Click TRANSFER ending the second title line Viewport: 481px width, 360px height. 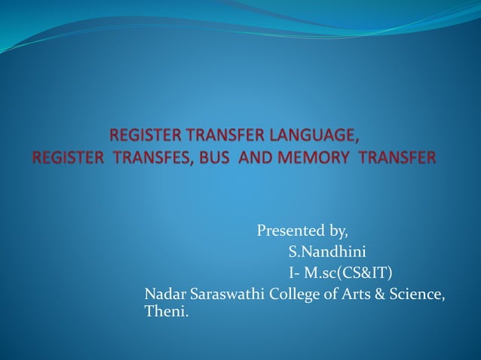(x=397, y=158)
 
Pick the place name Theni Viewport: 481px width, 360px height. (x=166, y=311)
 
